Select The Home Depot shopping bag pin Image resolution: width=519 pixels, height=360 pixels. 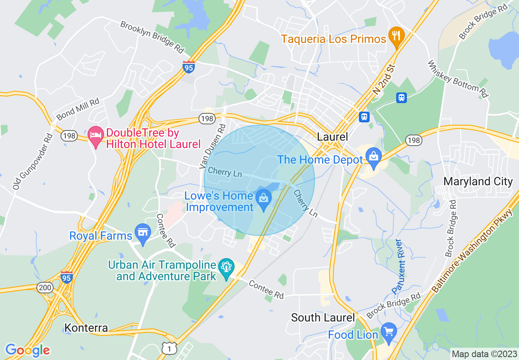tap(374, 157)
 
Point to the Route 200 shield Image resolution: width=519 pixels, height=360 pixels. tap(44, 288)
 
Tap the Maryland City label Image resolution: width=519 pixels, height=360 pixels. tap(478, 181)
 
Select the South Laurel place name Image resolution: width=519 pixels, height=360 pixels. tap(323, 317)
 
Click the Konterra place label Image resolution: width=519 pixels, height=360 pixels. tap(86, 328)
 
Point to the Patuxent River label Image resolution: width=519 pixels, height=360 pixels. tap(398, 266)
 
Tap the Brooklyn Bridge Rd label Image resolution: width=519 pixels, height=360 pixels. tap(152, 36)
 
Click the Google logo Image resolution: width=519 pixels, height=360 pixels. tap(27, 350)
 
